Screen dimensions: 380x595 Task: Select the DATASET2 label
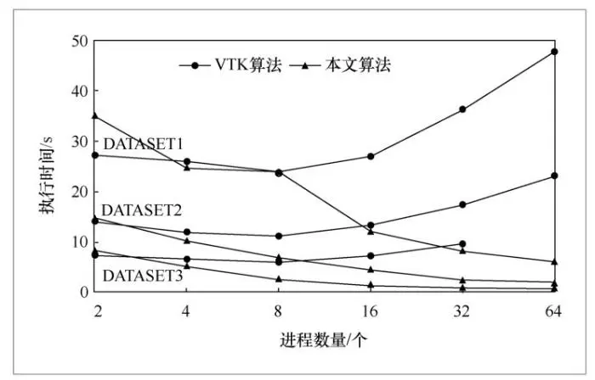[x=141, y=209]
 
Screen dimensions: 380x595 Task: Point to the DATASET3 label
[x=142, y=276]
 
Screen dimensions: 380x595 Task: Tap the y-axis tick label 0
[x=82, y=292]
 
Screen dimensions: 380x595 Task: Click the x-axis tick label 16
[x=370, y=311]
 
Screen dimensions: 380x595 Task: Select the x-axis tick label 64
[x=554, y=311]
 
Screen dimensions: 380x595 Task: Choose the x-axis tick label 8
[x=279, y=311]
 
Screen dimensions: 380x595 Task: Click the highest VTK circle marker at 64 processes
[x=554, y=52]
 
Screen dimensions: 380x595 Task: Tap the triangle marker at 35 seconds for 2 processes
[x=95, y=116]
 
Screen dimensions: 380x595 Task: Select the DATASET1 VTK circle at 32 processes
[x=462, y=109]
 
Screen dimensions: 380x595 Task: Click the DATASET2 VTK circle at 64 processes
[x=554, y=176]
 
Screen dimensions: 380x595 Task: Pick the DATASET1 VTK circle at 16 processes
[x=371, y=156]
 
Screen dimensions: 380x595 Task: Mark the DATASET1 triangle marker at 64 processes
[x=554, y=262]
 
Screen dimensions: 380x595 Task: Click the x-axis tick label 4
[x=187, y=311]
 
